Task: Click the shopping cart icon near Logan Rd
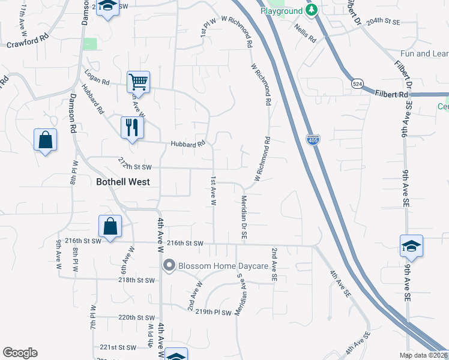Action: coord(138,82)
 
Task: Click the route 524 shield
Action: coord(358,85)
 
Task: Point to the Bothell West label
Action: coord(123,181)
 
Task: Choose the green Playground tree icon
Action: coord(311,10)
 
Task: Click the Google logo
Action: coord(20,353)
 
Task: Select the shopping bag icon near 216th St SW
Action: coord(110,226)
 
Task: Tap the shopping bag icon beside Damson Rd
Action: coord(45,140)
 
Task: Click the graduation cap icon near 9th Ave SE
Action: coord(412,245)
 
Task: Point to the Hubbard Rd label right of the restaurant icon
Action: coord(188,144)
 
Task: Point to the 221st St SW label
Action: coord(118,347)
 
